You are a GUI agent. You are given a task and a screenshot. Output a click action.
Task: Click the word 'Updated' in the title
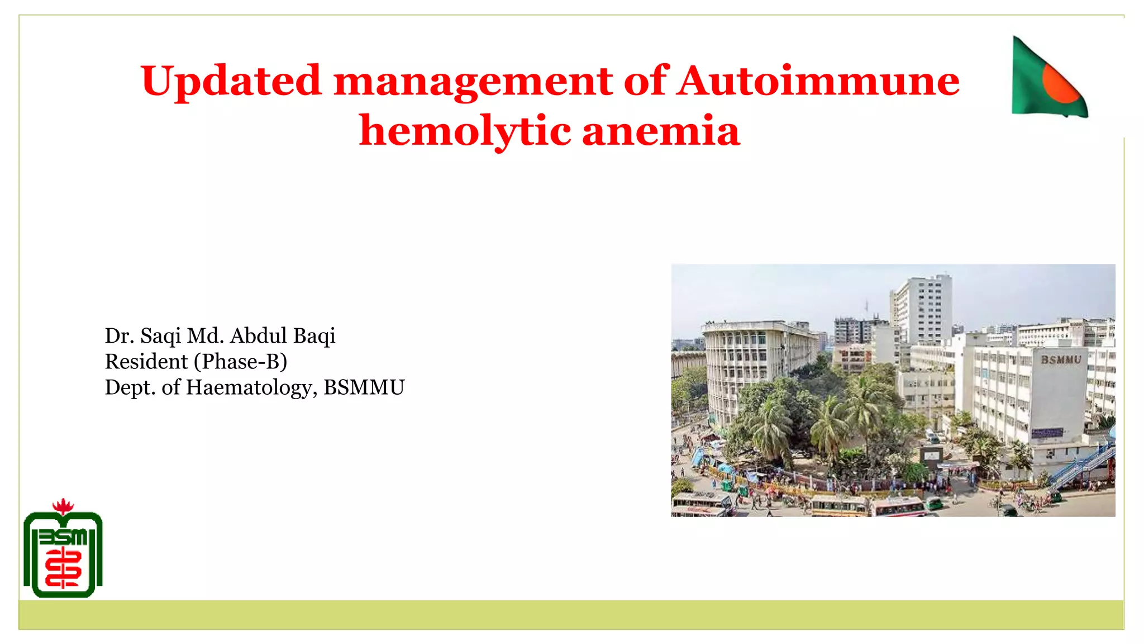231,82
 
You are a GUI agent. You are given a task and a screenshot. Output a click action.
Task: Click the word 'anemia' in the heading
661,131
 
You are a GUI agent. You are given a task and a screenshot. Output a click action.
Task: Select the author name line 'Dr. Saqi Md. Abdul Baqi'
220,336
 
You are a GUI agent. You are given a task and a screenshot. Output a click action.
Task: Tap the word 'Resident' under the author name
146,362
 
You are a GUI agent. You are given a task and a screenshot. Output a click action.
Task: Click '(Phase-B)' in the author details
241,362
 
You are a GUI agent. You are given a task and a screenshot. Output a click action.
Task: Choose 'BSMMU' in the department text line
364,387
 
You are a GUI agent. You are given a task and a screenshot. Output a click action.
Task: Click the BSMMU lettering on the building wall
1061,360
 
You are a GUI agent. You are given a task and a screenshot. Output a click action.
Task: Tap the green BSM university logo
63,553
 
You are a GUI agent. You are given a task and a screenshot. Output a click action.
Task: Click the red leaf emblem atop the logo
63,506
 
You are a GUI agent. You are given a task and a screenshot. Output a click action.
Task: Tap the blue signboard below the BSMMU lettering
1047,433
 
